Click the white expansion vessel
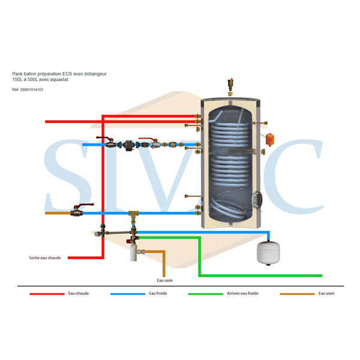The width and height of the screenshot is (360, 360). [x=268, y=253]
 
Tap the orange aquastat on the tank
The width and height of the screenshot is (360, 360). [x=270, y=139]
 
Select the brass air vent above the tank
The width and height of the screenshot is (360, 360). [x=230, y=85]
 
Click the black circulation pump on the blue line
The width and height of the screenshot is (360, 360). [x=128, y=145]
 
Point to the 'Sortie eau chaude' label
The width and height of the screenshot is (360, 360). [x=45, y=258]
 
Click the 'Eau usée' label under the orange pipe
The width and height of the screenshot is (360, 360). [x=164, y=280]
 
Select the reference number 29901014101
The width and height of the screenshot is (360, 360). [x=32, y=90]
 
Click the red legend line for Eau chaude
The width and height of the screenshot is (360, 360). [x=47, y=294]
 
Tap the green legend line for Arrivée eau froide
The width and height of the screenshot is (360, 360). [x=205, y=294]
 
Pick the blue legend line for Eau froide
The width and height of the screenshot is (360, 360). [x=128, y=294]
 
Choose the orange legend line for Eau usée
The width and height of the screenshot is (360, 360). [x=297, y=294]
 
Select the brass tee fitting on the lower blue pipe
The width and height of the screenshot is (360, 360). [x=133, y=215]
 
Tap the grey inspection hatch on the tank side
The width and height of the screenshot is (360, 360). [x=256, y=200]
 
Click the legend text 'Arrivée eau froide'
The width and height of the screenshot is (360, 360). [x=242, y=293]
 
